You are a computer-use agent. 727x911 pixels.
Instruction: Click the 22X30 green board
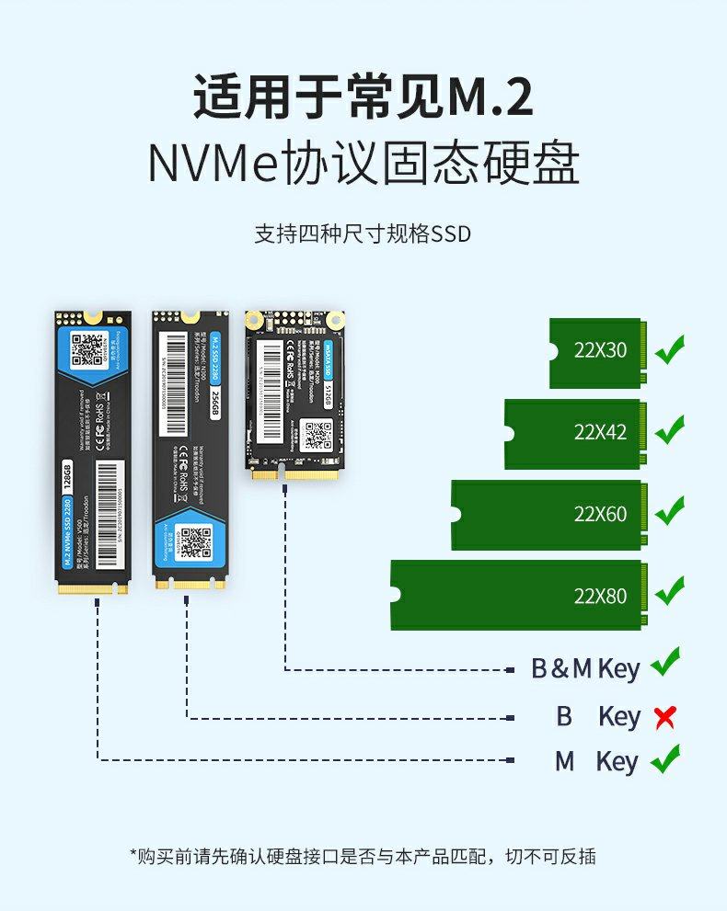598,353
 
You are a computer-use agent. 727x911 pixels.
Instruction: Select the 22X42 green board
576,433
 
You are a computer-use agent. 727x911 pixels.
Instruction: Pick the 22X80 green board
519,596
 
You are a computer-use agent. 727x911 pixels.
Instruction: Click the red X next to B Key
664,717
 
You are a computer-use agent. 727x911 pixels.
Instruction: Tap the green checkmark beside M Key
664,760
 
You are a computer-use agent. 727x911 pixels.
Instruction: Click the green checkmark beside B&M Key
664,664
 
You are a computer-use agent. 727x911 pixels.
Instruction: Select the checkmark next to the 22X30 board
669,350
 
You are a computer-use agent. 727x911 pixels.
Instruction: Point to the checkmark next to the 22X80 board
669,589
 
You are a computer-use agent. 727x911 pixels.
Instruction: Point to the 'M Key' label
595,762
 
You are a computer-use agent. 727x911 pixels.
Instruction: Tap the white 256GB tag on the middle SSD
215,402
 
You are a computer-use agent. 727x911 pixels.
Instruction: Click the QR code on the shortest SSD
317,435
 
